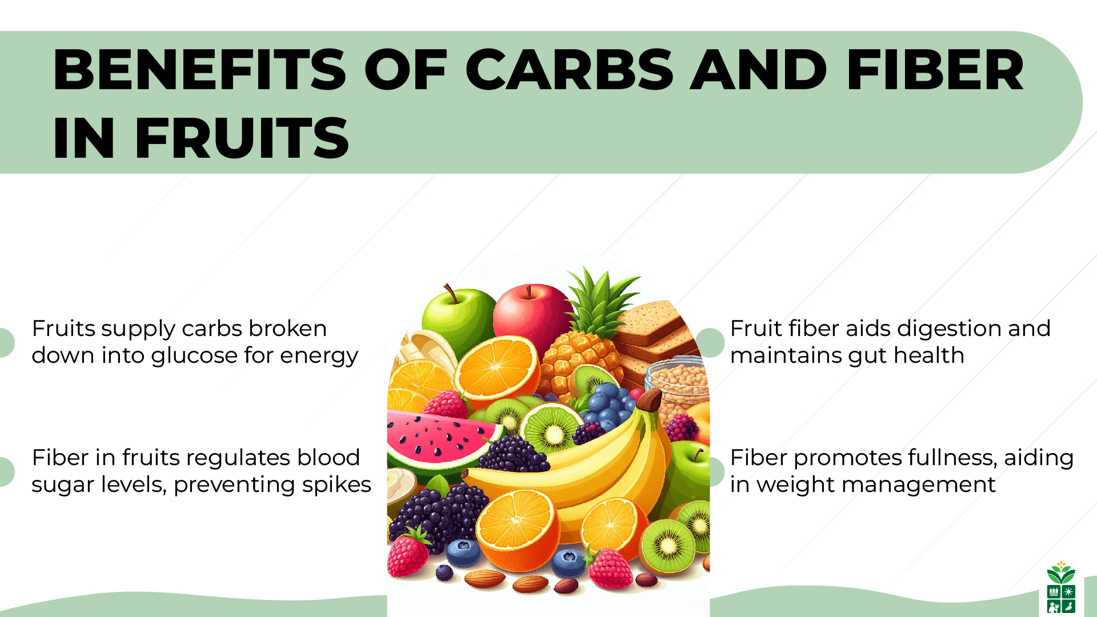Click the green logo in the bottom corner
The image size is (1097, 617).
click(1061, 588)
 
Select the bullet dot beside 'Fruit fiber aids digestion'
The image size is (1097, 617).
click(710, 343)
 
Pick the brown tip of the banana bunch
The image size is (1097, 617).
click(649, 400)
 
